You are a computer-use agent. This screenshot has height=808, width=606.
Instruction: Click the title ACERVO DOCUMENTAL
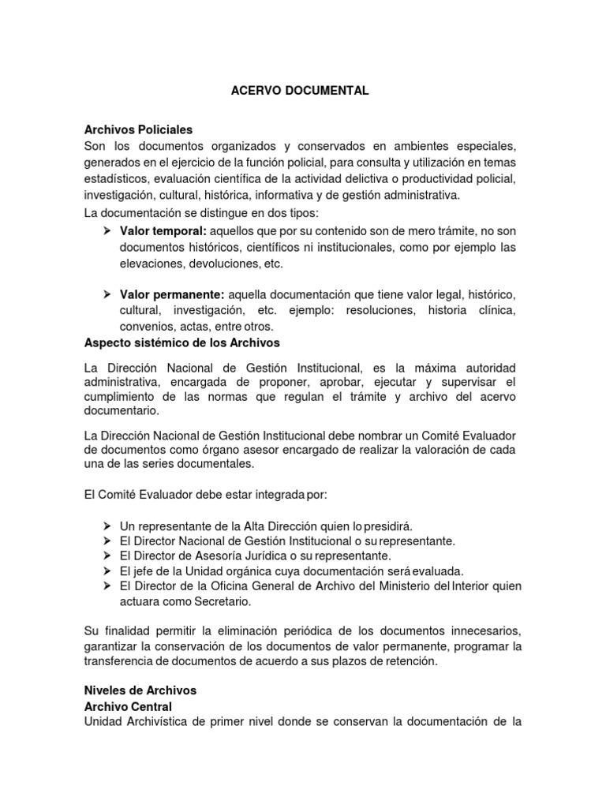tap(299, 91)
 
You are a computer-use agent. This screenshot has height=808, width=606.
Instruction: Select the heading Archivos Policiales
tap(138, 129)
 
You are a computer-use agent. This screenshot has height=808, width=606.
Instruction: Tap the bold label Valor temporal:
tap(163, 230)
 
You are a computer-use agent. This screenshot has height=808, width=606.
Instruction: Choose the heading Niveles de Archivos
tap(140, 690)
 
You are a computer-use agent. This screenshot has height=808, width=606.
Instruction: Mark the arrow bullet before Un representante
tap(107, 526)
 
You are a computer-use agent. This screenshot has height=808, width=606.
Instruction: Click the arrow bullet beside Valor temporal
tap(107, 230)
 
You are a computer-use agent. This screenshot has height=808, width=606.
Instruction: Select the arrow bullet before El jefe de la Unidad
tap(107, 570)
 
